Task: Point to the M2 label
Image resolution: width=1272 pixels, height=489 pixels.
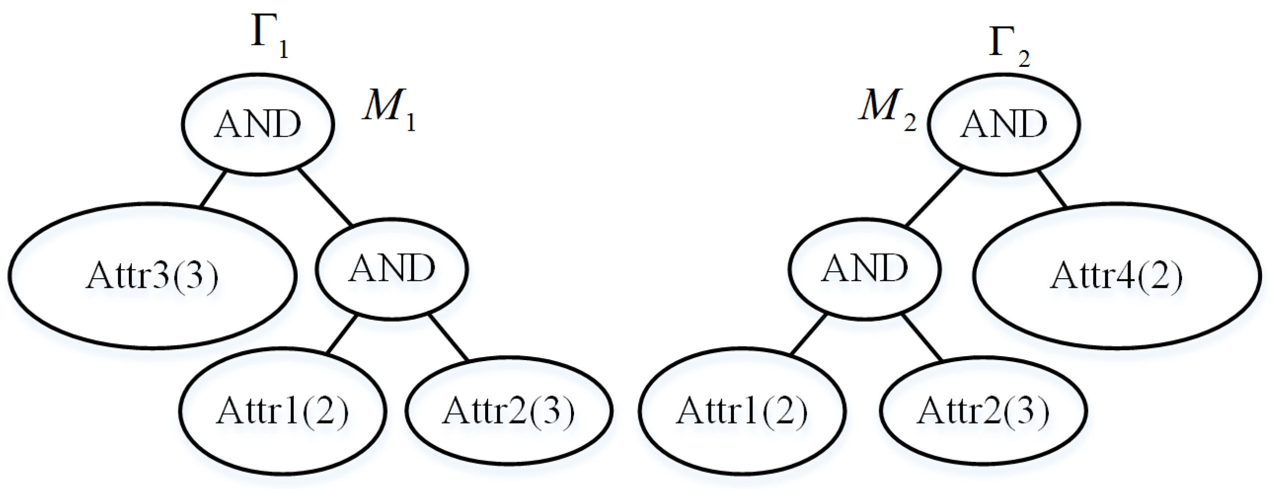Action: pyautogui.click(x=887, y=109)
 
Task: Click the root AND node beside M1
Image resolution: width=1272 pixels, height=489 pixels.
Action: pyautogui.click(x=257, y=124)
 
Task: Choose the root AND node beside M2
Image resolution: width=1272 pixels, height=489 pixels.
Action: pyautogui.click(x=1003, y=124)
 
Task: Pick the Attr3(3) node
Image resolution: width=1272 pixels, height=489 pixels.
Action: pyautogui.click(x=152, y=276)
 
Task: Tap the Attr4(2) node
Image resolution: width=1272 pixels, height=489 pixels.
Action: pyautogui.click(x=1117, y=276)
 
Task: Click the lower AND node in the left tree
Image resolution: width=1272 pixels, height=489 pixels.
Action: pyautogui.click(x=391, y=269)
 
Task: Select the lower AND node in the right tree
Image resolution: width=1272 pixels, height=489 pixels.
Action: pyautogui.click(x=864, y=269)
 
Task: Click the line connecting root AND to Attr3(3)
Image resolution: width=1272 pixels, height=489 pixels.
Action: pyautogui.click(x=213, y=189)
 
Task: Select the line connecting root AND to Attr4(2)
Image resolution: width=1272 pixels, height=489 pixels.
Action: pyautogui.click(x=1052, y=188)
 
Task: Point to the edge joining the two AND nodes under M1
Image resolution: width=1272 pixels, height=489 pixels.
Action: pyautogui.click(x=325, y=196)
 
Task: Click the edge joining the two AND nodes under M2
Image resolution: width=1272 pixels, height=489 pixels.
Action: pyautogui.click(x=934, y=196)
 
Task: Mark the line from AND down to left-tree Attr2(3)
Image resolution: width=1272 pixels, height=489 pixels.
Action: pyautogui.click(x=448, y=337)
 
